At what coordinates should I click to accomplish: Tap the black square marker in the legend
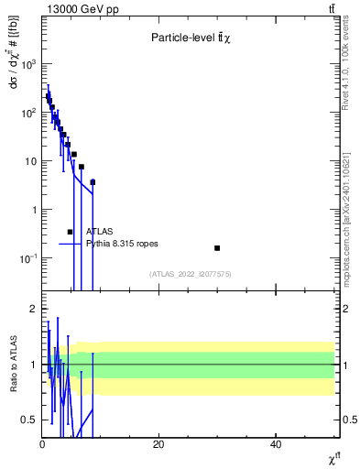70,232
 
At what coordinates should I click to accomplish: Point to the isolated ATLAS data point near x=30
217,247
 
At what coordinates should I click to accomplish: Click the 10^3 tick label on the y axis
28,64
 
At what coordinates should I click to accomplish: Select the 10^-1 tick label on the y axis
28,258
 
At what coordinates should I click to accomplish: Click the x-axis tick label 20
158,445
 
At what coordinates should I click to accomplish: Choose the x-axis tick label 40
276,445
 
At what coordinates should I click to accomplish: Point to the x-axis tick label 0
42,445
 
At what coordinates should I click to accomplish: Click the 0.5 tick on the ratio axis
29,420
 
